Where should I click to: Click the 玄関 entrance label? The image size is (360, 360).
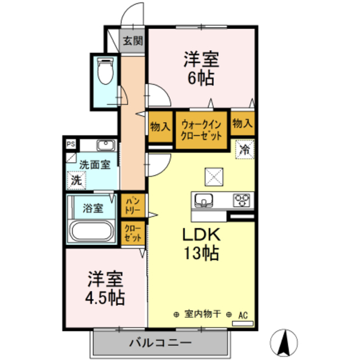(133, 40)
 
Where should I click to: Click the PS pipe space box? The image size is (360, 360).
(71, 144)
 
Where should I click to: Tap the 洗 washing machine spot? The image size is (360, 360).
(76, 181)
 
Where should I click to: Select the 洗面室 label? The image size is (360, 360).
(94, 165)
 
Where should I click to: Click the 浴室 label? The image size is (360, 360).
(93, 208)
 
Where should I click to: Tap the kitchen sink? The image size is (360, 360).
(203, 200)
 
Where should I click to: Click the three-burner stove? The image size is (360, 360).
(242, 200)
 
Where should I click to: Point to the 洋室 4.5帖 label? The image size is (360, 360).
(106, 287)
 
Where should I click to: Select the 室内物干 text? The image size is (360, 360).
(202, 315)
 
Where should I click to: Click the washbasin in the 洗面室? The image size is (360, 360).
(105, 146)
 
